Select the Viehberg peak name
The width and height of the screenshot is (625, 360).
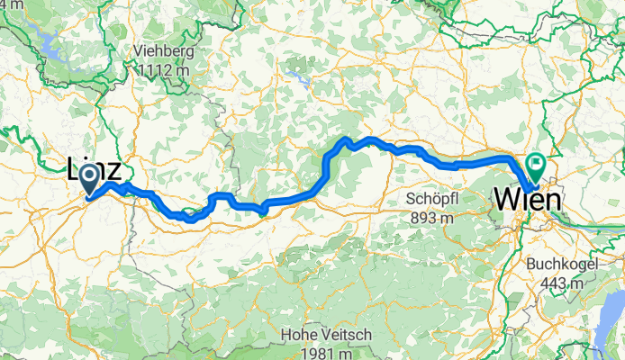[x=163, y=50]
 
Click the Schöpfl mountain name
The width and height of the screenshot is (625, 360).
[x=432, y=198]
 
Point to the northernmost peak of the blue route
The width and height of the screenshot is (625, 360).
[x=343, y=139]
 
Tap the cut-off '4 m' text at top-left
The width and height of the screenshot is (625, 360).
[x=6, y=4]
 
